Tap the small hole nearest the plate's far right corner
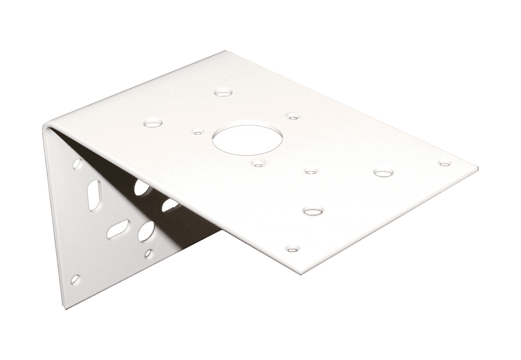pos(444,164)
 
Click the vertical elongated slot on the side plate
pos(94,195)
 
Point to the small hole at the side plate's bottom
pos(76,280)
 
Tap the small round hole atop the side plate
pos(77,164)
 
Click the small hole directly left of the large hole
pos(197,132)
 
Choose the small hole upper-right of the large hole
pos(292,115)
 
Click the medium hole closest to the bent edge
pos(153,124)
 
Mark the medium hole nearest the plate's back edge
pos(224,93)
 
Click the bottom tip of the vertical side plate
pos(66,307)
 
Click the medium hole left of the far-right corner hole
pos(383,173)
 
